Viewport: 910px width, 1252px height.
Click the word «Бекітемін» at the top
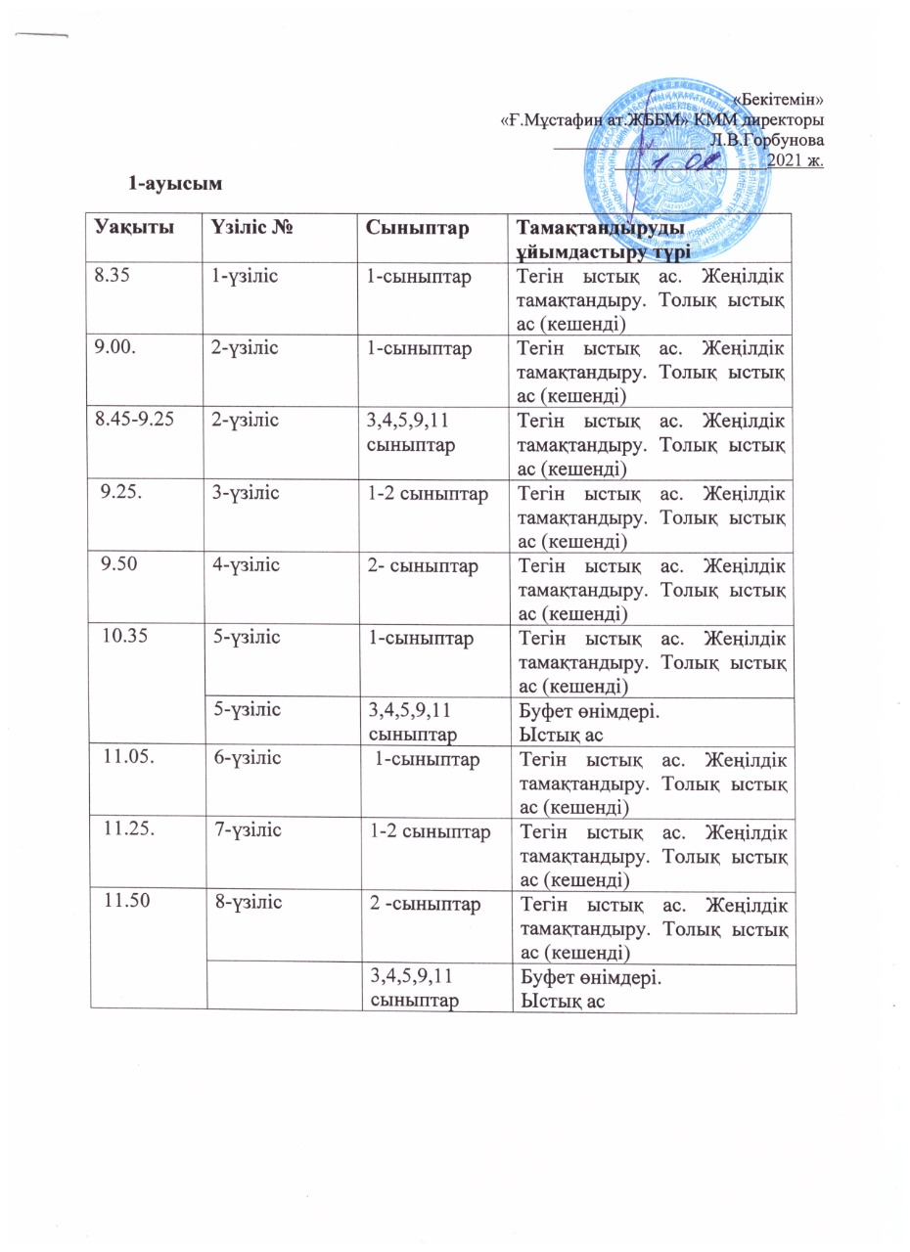pyautogui.click(x=778, y=99)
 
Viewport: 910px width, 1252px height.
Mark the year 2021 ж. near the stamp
pyautogui.click(x=796, y=160)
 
